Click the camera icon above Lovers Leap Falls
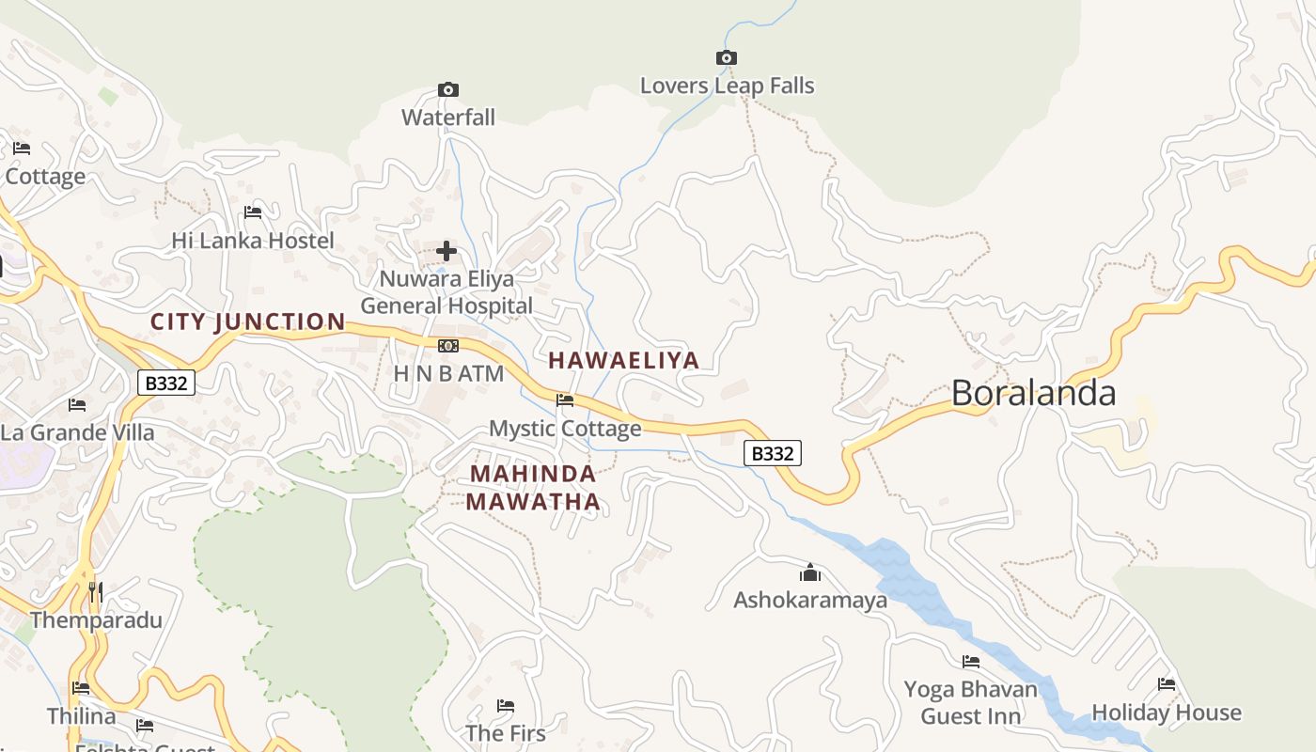pyautogui.click(x=726, y=58)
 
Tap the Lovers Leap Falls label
pyautogui.click(x=727, y=86)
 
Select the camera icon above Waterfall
pyautogui.click(x=448, y=90)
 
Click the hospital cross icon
pyautogui.click(x=446, y=251)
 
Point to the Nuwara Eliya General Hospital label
pyautogui.click(x=446, y=292)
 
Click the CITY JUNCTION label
pyautogui.click(x=248, y=321)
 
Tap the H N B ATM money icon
pyautogui.click(x=447, y=346)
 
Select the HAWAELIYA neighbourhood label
pyautogui.click(x=623, y=360)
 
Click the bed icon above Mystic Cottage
pyautogui.click(x=565, y=400)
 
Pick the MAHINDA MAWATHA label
pyautogui.click(x=533, y=487)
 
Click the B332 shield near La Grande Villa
pyautogui.click(x=166, y=383)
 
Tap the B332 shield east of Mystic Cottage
pyautogui.click(x=773, y=454)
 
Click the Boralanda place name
pyautogui.click(x=1033, y=393)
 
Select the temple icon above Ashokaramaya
pyautogui.click(x=810, y=572)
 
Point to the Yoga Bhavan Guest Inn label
pyautogui.click(x=970, y=702)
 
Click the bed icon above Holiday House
pyautogui.click(x=1167, y=684)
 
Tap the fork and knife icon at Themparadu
pyautogui.click(x=95, y=592)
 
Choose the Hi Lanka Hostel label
pyautogui.click(x=252, y=241)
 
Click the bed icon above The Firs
pyautogui.click(x=506, y=706)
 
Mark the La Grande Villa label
pyautogui.click(x=77, y=432)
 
